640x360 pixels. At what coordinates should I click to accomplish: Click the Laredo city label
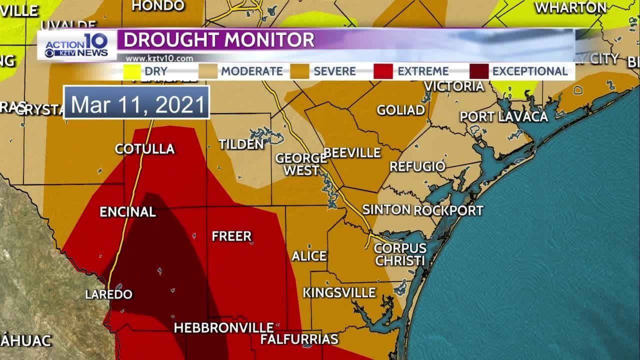(x=108, y=294)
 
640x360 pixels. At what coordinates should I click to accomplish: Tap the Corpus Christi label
(x=400, y=254)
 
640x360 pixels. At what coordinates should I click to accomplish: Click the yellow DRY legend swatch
(x=132, y=71)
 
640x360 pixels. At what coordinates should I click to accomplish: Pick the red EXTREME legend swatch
(x=382, y=71)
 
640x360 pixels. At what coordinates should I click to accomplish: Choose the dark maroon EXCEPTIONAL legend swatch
(x=479, y=71)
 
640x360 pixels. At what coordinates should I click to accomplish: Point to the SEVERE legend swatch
(x=299, y=71)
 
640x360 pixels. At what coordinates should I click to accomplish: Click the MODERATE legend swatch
(x=207, y=71)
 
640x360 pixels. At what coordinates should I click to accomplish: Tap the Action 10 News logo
(x=77, y=45)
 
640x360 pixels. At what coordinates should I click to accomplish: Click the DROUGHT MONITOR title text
(x=219, y=40)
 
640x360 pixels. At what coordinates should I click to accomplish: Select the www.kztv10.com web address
(x=159, y=58)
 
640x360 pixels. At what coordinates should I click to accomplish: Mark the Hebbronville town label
(x=223, y=328)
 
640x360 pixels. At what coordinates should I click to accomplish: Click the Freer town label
(x=231, y=236)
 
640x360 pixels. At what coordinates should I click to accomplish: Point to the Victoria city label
(x=454, y=86)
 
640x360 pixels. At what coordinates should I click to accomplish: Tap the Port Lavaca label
(x=503, y=116)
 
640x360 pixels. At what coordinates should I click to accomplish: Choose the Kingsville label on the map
(x=339, y=292)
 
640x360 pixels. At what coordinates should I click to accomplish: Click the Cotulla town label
(x=144, y=148)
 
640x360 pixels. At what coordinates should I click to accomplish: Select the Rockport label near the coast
(x=448, y=210)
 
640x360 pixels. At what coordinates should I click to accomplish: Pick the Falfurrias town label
(x=299, y=339)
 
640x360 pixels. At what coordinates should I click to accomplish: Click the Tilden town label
(x=241, y=144)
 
